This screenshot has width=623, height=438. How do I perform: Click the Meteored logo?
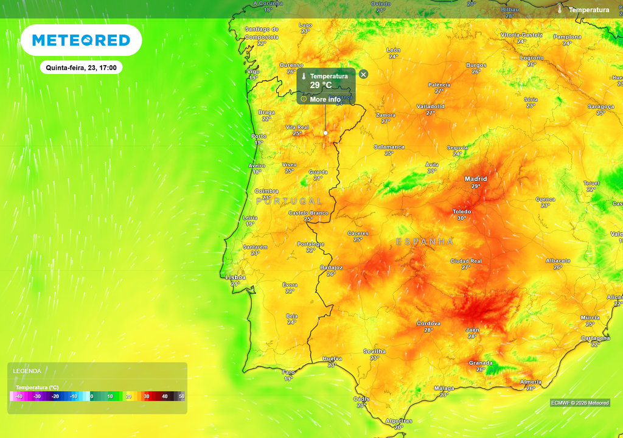tap(81, 41)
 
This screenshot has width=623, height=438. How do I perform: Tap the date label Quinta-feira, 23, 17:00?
tap(81, 68)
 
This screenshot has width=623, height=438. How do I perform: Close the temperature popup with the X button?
tap(363, 74)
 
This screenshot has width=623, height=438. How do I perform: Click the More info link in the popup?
tap(325, 99)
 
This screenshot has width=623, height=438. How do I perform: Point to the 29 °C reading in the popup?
tap(321, 85)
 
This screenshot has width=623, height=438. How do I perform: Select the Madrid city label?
tap(476, 178)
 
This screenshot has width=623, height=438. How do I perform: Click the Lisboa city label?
tap(236, 277)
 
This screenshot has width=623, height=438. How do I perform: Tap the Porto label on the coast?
tap(259, 136)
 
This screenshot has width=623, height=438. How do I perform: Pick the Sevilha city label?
tap(374, 351)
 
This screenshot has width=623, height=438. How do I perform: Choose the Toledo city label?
tap(462, 212)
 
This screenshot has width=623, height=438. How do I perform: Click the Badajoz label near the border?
tap(331, 268)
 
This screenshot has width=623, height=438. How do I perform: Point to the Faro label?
tap(288, 372)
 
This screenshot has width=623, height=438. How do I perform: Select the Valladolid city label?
tap(430, 106)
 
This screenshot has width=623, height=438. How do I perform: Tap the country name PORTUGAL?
tap(289, 201)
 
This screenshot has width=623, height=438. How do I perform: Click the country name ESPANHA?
tap(425, 242)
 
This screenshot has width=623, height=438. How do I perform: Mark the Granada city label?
tap(481, 363)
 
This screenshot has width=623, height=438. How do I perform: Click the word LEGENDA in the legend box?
tap(27, 370)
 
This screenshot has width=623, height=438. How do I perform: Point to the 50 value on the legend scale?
tap(181, 396)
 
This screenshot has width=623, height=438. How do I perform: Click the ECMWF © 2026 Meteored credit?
tap(580, 403)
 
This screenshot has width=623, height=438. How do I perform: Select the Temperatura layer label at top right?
tap(588, 10)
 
